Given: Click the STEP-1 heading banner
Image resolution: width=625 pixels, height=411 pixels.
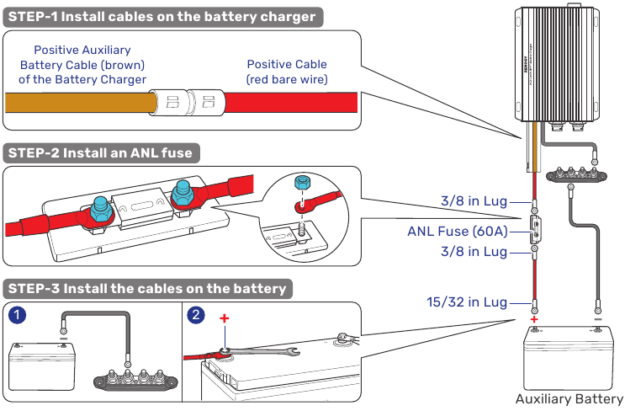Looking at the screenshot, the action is pos(162,17).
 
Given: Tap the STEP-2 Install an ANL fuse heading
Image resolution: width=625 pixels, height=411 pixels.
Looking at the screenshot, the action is pos(101,153).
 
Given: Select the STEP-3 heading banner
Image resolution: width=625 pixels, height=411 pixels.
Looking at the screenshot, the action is pos(147,289).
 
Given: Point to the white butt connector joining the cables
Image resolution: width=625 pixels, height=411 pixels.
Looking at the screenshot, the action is pos(187,103).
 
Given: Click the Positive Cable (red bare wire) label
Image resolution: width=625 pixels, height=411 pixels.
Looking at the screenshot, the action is pos(287,72).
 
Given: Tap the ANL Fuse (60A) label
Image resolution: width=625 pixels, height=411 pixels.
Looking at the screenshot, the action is pos(458,232).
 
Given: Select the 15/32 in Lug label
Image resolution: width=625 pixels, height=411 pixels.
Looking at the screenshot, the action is pos(467,302).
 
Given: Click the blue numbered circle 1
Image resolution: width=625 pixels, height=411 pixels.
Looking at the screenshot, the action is pos(17,315).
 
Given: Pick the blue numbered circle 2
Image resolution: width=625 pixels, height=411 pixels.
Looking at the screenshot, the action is pos(196,315).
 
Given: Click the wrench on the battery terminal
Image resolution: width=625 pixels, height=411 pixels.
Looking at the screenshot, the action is pos(259,351).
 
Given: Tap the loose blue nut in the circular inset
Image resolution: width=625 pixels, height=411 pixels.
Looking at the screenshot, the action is pos(300,183).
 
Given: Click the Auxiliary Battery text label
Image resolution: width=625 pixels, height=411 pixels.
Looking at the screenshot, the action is pos(569,398).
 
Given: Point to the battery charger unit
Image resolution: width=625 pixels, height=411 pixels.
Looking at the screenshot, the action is pos(557,64).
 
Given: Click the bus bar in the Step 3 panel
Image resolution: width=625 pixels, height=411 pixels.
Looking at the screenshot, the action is pos(135,379).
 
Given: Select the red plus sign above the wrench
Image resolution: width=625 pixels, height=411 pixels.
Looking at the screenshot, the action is pos(225,318).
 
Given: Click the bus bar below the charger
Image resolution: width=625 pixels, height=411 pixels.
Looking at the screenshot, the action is pos(576,175).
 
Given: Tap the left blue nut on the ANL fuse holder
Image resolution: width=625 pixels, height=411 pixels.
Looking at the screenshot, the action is pos(102,210).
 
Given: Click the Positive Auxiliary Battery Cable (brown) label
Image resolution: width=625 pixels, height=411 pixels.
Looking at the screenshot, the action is pos(82,65).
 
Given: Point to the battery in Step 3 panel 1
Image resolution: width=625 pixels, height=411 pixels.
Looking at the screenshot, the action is pos(42,366).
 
